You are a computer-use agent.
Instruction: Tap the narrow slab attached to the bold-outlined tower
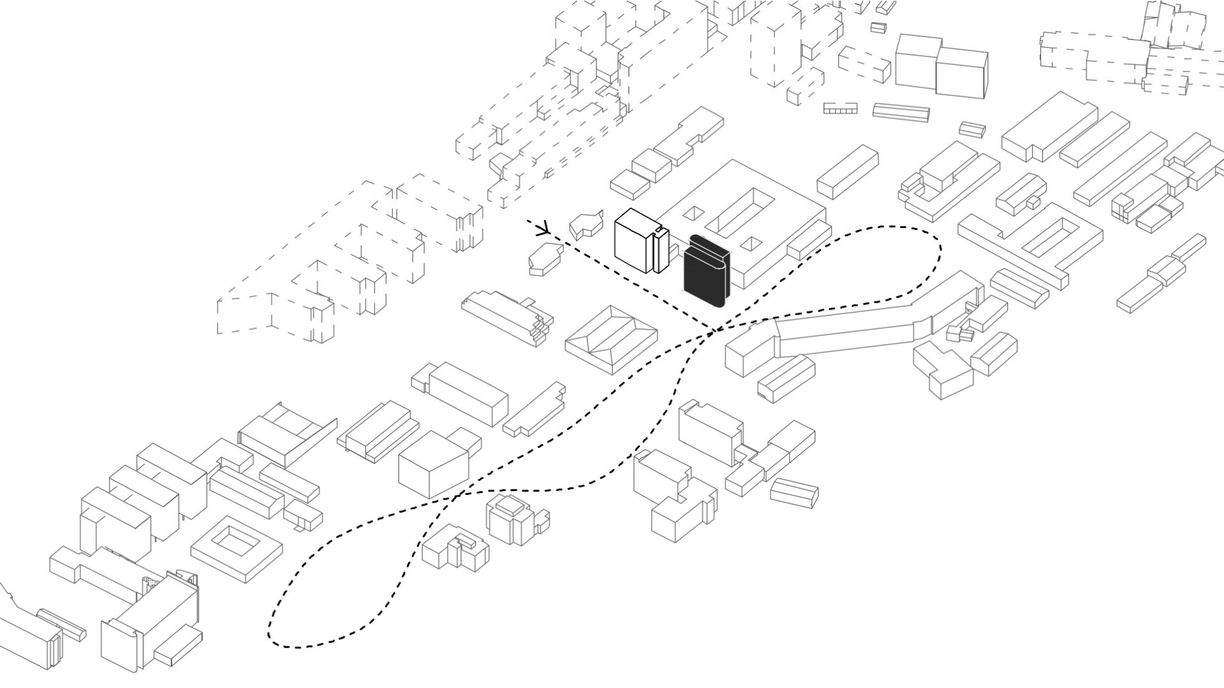click(x=661, y=251)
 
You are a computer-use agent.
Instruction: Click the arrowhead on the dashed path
click(x=544, y=228)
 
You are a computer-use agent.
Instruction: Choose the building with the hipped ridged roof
click(x=611, y=338)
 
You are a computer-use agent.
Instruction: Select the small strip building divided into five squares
click(x=840, y=109)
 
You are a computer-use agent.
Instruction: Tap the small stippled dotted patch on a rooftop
click(x=150, y=581)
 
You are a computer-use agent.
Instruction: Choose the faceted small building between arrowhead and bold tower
click(x=585, y=225)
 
